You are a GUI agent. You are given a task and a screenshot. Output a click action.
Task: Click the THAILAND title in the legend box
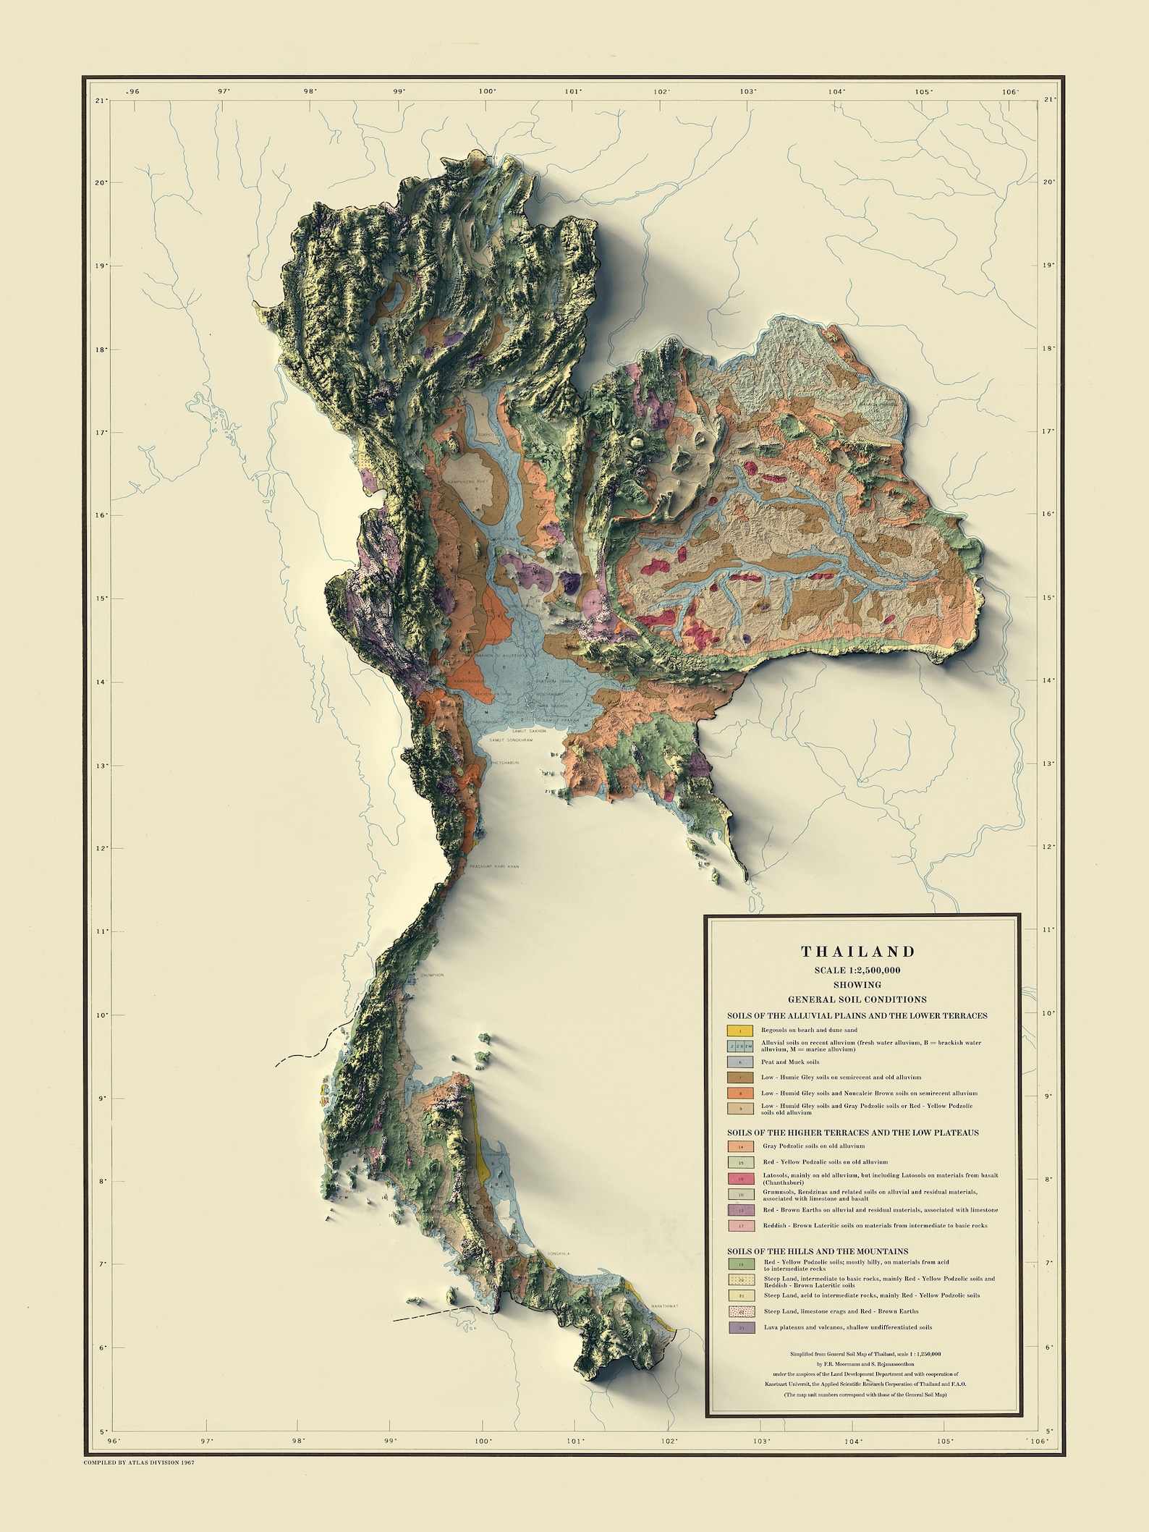tap(857, 952)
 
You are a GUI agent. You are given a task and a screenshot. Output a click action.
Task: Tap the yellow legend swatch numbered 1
tap(740, 1030)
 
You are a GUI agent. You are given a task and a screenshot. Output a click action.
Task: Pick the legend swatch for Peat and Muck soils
tap(740, 1062)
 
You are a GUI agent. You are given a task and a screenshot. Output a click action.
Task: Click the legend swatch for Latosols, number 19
tap(741, 1179)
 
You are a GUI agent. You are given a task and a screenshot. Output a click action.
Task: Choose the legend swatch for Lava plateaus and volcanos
tap(741, 1328)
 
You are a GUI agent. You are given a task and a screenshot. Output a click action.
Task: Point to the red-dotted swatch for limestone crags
tap(741, 1311)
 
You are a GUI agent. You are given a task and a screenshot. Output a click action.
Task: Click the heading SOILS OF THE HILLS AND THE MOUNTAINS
tap(818, 1251)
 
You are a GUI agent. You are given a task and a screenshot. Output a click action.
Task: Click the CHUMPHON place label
tap(431, 976)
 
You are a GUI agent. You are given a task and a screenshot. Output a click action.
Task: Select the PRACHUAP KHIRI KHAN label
tap(494, 866)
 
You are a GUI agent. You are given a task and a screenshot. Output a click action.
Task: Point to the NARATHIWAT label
tap(664, 1306)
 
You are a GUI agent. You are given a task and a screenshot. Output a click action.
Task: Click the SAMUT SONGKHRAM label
tap(511, 740)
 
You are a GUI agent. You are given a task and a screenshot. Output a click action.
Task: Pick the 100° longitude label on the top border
tap(486, 92)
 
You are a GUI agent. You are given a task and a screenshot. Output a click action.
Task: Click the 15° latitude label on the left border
tap(102, 598)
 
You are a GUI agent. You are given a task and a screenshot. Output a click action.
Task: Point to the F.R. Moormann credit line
tap(857, 1364)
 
